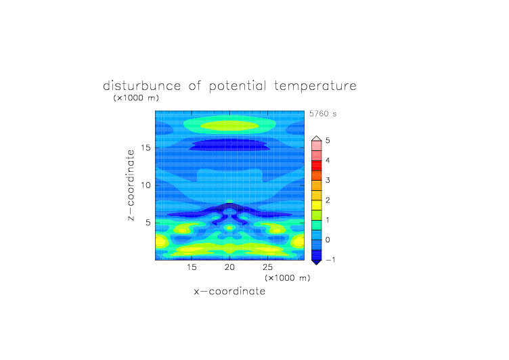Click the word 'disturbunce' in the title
pyautogui.click(x=141, y=86)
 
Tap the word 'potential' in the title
pyautogui.click(x=238, y=87)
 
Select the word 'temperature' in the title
pyautogui.click(x=315, y=87)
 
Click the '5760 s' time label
pyautogui.click(x=323, y=114)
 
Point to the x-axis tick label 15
pyautogui.click(x=192, y=267)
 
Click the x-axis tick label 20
pyautogui.click(x=229, y=267)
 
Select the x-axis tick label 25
pyautogui.click(x=267, y=267)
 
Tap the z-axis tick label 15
pyautogui.click(x=146, y=148)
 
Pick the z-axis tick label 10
pyautogui.click(x=146, y=185)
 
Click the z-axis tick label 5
pyautogui.click(x=148, y=223)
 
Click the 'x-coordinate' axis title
pyautogui.click(x=229, y=291)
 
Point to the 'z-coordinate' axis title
pyautogui.click(x=131, y=185)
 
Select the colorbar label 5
pyautogui.click(x=328, y=141)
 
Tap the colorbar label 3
pyautogui.click(x=328, y=180)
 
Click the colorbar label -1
pyautogui.click(x=330, y=260)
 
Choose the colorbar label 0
pyautogui.click(x=328, y=240)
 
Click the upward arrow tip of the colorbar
pyautogui.click(x=317, y=136)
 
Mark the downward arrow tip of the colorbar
pyautogui.click(x=317, y=265)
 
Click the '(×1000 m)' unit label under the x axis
pyautogui.click(x=287, y=278)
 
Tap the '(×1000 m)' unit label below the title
pyautogui.click(x=136, y=97)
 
